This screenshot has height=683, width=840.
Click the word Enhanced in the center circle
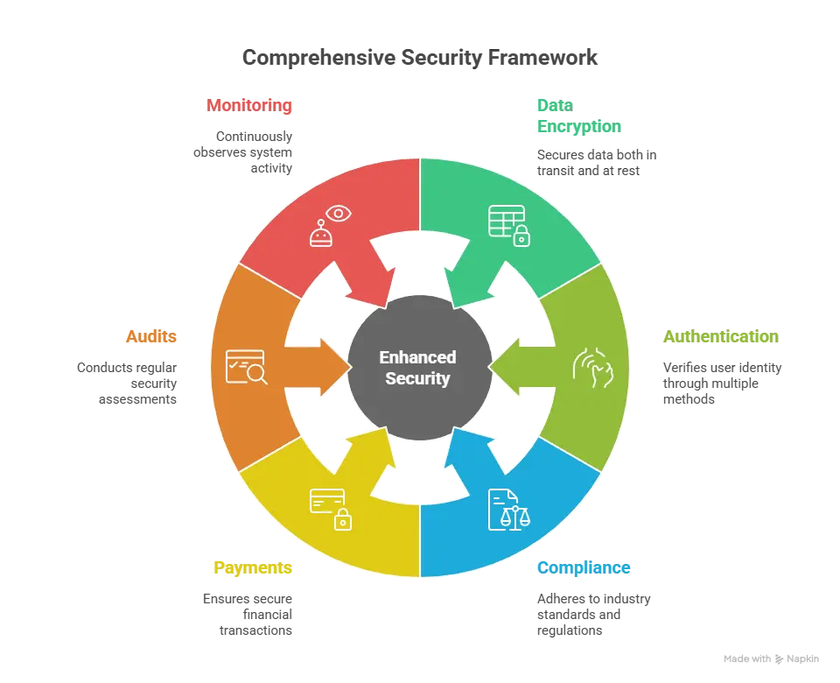point(417,357)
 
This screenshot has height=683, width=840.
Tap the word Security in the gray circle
point(417,379)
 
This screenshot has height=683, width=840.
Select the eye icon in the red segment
point(337,213)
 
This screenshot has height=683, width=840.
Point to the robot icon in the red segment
point(321,234)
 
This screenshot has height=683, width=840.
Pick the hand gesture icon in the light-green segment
point(593,367)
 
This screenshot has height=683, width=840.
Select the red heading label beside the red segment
point(248,106)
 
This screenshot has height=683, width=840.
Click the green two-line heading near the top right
point(577,116)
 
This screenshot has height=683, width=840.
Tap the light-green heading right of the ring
point(719,337)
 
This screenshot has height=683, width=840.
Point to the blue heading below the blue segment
point(584,567)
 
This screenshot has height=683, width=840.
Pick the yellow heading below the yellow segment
point(252,567)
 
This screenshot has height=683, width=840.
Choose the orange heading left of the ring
point(152,337)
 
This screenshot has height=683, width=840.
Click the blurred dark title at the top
point(420,58)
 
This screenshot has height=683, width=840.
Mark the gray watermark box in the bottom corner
point(769,658)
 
